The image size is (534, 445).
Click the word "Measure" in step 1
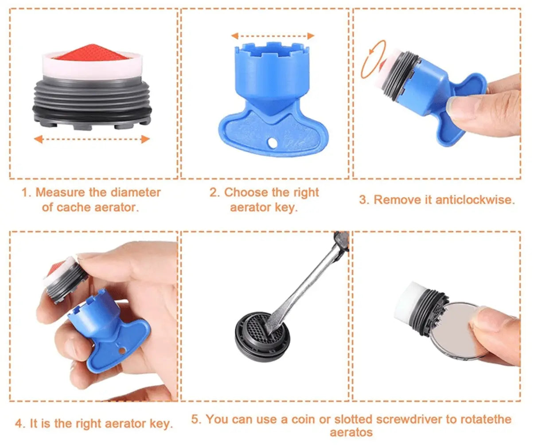click(60, 192)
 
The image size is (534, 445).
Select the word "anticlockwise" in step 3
click(475, 200)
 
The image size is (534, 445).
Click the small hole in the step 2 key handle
click(272, 143)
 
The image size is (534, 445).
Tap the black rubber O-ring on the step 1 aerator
click(92, 112)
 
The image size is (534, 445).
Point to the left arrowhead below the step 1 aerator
click(38, 139)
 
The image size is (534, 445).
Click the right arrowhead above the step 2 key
click(311, 36)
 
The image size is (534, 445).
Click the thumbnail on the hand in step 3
click(460, 104)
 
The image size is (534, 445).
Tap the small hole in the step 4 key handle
click(122, 351)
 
